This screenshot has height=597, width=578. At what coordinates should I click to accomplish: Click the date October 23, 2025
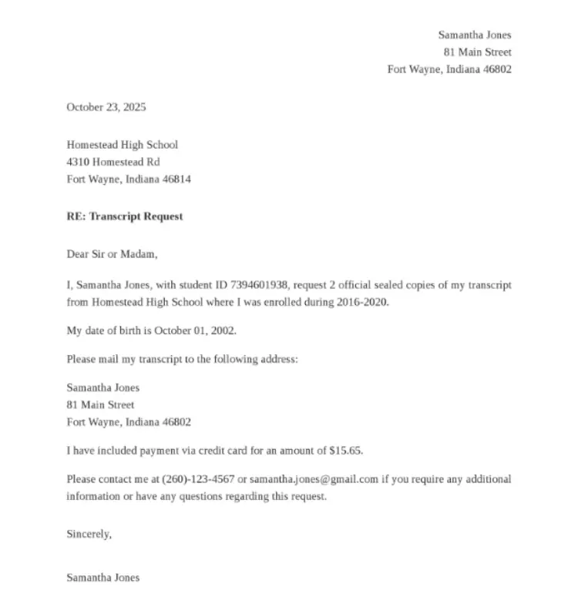pos(106,107)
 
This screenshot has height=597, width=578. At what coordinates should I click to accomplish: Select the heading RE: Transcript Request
pos(124,216)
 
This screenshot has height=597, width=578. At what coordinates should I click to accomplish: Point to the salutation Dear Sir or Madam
pos(112,253)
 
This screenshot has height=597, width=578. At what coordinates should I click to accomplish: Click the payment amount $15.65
pos(345,450)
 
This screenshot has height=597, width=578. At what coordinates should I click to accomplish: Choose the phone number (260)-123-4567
pos(198,479)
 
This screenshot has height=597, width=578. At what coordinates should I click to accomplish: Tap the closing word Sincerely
pos(89,534)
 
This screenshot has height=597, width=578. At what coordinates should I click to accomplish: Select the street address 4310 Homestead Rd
pos(113,162)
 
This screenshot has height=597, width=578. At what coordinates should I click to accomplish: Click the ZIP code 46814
pos(176,179)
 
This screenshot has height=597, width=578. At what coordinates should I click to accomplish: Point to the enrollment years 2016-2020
pos(362,302)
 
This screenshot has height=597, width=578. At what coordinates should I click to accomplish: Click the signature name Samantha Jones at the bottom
pos(103,577)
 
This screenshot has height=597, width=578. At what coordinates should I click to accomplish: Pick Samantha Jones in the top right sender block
pos(475,35)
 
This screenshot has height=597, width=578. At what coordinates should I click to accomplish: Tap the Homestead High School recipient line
pos(122,144)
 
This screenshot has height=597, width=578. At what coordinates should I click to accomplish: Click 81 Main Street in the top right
pos(477,52)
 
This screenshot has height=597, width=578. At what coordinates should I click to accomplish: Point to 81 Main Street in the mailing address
pos(100,404)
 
